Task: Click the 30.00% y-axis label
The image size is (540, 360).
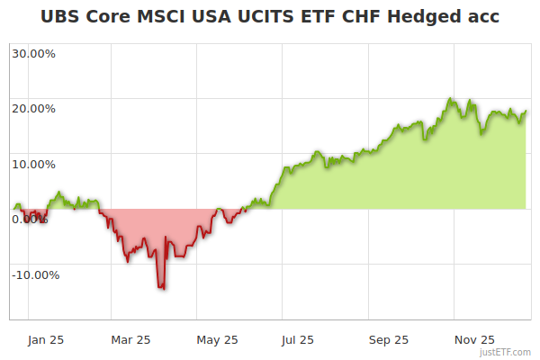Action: click(x=34, y=53)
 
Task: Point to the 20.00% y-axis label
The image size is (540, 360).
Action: click(x=34, y=109)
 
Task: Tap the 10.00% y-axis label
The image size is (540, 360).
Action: click(x=34, y=164)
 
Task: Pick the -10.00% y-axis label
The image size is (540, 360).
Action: click(x=35, y=274)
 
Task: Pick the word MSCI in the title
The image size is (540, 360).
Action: click(x=166, y=16)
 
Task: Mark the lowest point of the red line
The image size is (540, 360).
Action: click(x=162, y=288)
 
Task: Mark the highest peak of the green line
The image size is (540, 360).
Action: click(x=448, y=98)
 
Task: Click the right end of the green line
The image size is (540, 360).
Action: click(x=526, y=112)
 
